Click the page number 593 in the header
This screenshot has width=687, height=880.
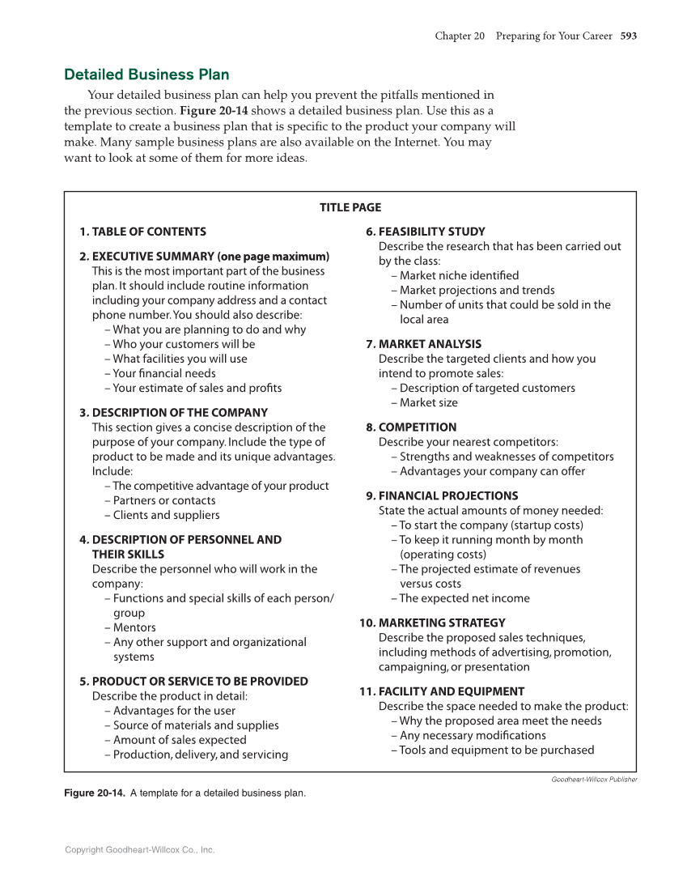click(x=629, y=36)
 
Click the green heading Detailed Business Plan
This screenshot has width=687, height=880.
click(x=146, y=75)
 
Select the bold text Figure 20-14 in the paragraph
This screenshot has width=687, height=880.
click(x=214, y=111)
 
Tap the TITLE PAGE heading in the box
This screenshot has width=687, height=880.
click(x=350, y=207)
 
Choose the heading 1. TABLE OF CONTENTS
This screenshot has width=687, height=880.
click(x=142, y=232)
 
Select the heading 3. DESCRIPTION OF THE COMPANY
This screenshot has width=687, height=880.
click(x=173, y=413)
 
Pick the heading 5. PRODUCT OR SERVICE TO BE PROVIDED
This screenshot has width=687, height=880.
click(x=193, y=682)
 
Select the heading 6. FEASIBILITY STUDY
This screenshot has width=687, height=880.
click(x=426, y=232)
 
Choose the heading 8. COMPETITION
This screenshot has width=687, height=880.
click(x=411, y=427)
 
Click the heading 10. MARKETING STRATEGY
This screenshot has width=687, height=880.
click(x=432, y=623)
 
